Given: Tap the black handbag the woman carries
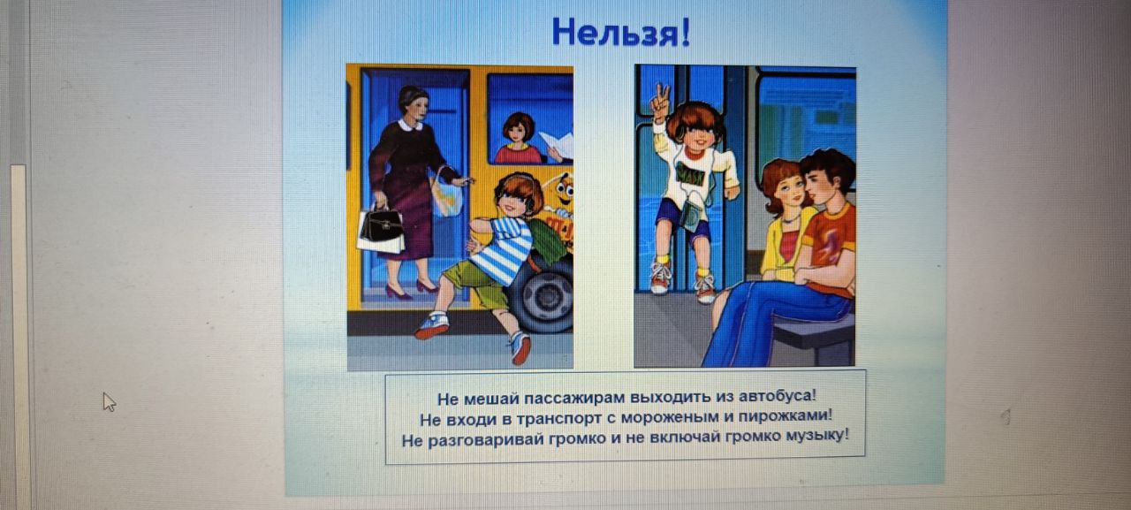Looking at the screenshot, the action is click(x=383, y=229).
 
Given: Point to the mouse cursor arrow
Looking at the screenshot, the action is click(x=109, y=402).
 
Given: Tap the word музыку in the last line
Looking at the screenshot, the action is click(x=817, y=436).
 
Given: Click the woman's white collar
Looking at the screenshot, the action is click(x=410, y=125).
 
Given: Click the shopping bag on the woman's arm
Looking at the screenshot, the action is click(x=447, y=194).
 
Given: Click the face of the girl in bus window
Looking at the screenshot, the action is click(x=517, y=133).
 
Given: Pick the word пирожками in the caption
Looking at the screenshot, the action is click(x=785, y=416).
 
